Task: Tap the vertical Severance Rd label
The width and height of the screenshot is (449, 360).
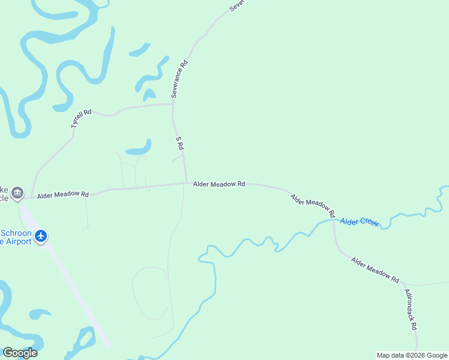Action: (179, 79)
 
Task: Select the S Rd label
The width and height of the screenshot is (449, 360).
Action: (179, 143)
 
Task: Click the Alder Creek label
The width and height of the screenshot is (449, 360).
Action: (360, 222)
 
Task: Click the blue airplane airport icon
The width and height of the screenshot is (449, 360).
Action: (41, 236)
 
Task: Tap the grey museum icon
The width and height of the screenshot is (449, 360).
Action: (17, 193)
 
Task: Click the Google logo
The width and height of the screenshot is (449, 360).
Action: (20, 353)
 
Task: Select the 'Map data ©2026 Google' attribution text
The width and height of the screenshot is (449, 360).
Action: (412, 355)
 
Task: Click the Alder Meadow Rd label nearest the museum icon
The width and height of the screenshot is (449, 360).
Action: (63, 195)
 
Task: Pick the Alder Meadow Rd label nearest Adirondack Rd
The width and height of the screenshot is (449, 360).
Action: (375, 270)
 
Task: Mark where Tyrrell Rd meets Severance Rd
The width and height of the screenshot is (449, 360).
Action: (173, 104)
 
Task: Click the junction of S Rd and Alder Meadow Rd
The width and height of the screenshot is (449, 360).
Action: (186, 183)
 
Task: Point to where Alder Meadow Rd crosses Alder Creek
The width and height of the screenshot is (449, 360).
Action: (334, 220)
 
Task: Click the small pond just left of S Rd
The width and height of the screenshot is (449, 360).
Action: (138, 148)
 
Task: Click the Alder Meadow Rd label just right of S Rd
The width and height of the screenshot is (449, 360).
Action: (218, 184)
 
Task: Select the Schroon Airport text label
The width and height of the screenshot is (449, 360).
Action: (17, 237)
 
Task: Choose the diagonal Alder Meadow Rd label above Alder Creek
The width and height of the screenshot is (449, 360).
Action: (312, 205)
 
